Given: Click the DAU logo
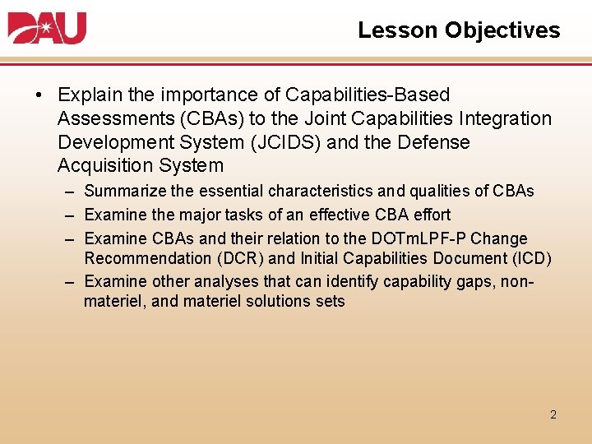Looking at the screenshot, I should pos(47,28).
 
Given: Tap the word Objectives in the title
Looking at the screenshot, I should pos(502,30).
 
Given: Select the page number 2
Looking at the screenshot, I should pos(553,414).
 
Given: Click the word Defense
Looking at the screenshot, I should pos(433,142).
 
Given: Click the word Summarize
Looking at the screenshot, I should pos(127,192).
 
